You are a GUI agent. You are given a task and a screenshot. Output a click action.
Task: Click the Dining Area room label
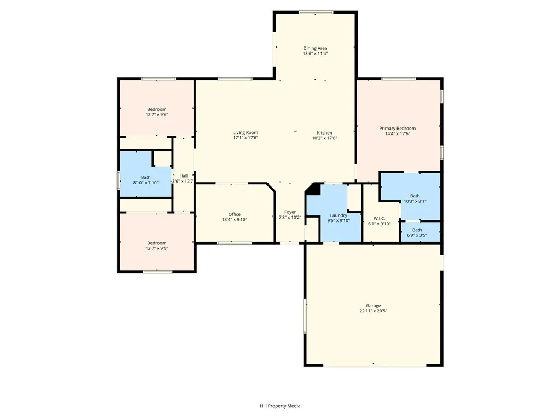coord(315,48)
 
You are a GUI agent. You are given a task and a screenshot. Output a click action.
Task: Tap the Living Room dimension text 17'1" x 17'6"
coord(245,138)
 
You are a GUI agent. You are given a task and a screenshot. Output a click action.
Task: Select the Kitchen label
coord(324,133)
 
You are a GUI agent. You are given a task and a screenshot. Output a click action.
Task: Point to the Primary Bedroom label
coord(397,129)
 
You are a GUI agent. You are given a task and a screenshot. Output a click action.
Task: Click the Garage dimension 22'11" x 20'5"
coord(373,311)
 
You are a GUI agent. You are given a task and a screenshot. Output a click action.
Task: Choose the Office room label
coord(234,214)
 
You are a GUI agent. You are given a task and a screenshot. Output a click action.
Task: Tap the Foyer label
coord(290,212)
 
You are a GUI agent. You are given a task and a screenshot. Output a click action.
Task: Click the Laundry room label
coord(338,215)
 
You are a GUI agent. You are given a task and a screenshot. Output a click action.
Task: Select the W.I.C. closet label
coord(380,218)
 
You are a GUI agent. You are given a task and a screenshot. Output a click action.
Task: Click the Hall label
coord(183,176)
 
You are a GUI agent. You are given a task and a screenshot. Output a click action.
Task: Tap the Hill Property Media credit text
coord(280,406)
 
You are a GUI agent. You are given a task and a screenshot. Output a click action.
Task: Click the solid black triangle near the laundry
coord(314,189)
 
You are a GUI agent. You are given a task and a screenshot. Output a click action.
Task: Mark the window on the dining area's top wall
coord(316,12)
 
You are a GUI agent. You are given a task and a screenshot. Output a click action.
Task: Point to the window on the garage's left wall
coord(305,315)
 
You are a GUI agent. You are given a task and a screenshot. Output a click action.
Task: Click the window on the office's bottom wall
coord(226,243)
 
